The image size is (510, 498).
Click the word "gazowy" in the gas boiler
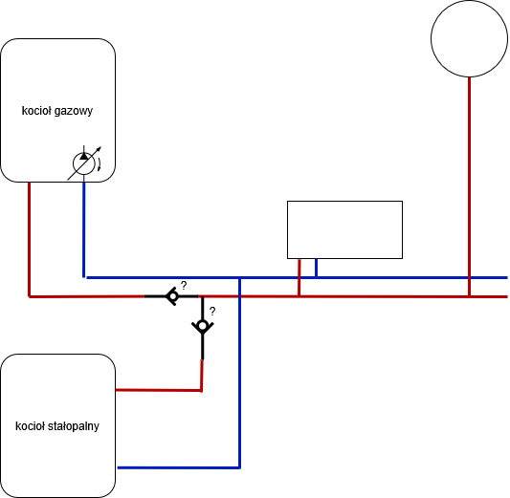point(74,111)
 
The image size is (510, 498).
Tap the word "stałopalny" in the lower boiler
point(74,426)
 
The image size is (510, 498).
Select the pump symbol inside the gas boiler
point(84,163)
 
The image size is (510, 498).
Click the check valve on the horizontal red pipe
point(172,296)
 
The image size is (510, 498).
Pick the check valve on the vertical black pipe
point(203,326)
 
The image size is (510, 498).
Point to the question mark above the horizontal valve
point(184,286)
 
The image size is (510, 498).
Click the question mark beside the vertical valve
point(212,312)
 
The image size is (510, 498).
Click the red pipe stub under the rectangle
point(299,277)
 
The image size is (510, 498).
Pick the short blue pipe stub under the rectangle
point(316,268)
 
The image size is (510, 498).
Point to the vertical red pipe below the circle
point(470,186)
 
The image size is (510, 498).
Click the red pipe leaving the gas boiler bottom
point(30,239)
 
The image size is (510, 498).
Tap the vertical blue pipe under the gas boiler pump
point(84,229)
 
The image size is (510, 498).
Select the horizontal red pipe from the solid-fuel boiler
point(159,390)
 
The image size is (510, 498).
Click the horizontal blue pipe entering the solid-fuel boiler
point(179,467)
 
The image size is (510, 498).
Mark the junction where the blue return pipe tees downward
point(240,278)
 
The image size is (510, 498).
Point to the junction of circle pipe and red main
point(470,296)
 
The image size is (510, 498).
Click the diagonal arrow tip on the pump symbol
point(101,147)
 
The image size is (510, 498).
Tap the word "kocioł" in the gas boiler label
point(36,111)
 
